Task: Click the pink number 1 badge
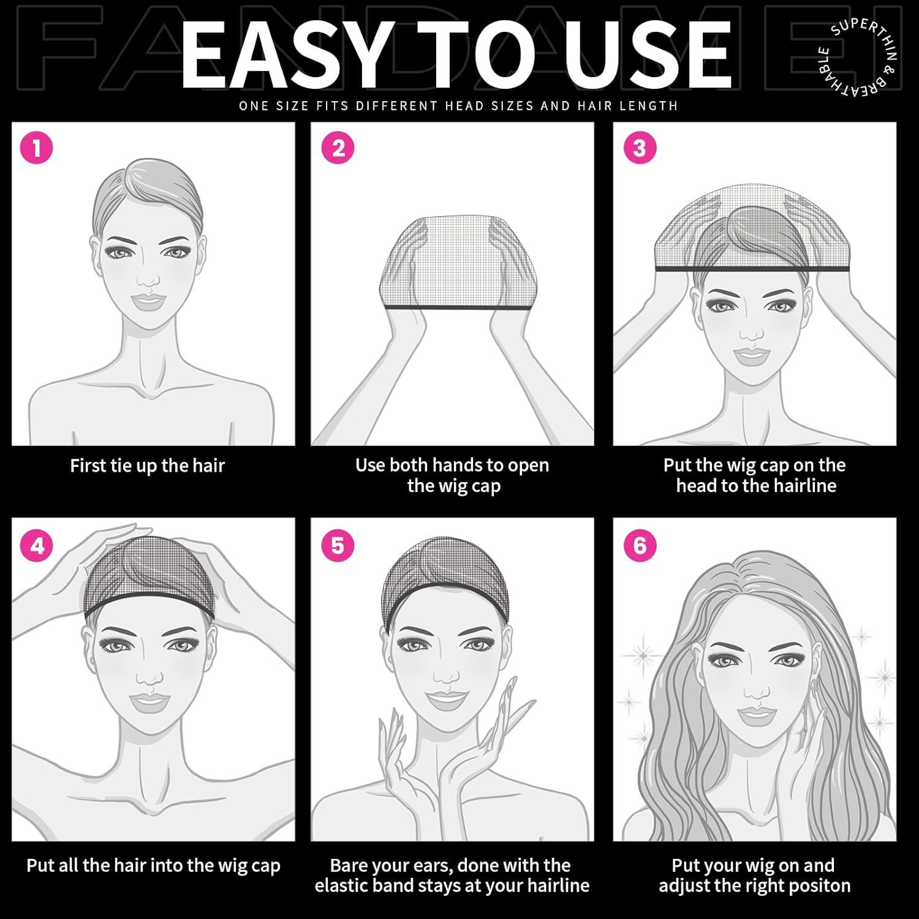pyautogui.click(x=37, y=148)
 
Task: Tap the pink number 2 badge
pyautogui.click(x=338, y=148)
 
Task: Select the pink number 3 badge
pyautogui.click(x=640, y=148)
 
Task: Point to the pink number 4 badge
pyautogui.click(x=37, y=545)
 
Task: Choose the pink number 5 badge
pyautogui.click(x=338, y=545)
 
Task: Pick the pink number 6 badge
pyautogui.click(x=640, y=545)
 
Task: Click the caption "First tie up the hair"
pyautogui.click(x=148, y=466)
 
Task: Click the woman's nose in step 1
pyautogui.click(x=148, y=279)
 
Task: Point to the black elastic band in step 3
pyautogui.click(x=753, y=268)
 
